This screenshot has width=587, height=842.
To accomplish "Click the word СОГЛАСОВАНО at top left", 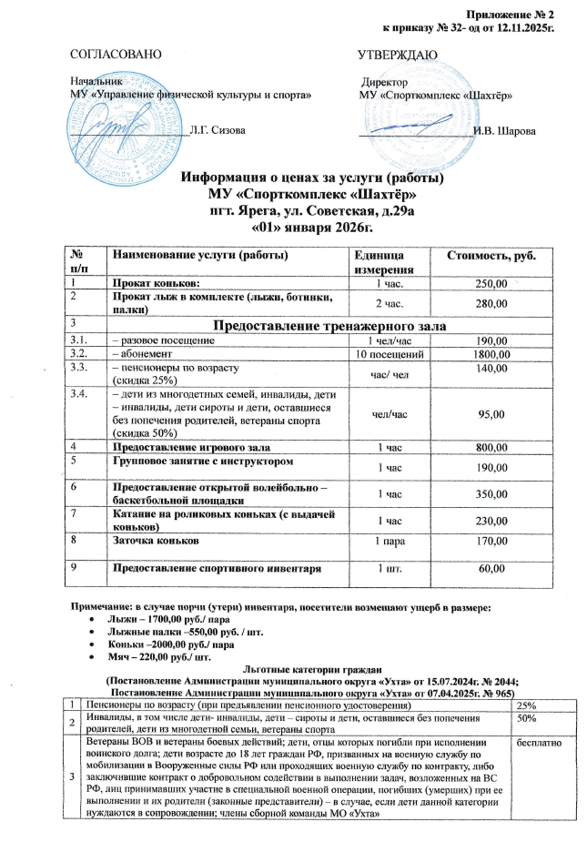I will click(x=117, y=56).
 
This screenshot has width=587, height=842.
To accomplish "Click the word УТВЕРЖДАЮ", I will click(x=399, y=56).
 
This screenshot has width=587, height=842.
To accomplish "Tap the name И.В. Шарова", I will click(x=505, y=131).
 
